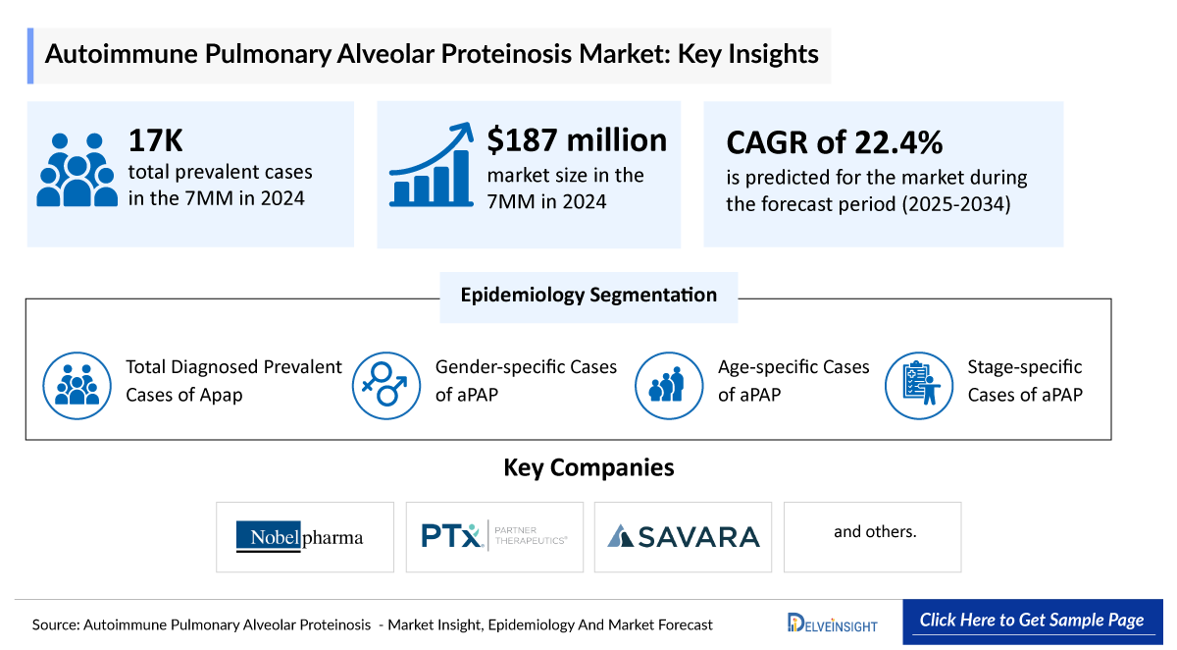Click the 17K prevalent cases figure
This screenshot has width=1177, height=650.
156,141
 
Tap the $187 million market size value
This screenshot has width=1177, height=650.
577,140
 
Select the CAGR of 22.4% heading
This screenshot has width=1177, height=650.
834,142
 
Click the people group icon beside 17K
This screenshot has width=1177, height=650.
77,170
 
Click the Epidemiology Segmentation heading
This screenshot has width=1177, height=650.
588,295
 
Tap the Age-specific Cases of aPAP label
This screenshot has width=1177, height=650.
793,381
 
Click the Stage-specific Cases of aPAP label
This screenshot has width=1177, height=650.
1025,381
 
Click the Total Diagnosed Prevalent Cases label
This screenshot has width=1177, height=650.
233,381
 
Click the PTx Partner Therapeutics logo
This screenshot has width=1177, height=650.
494,536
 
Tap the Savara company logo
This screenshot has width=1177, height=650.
683,536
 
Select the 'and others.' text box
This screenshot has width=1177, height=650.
873,532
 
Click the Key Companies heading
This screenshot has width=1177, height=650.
588,467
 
